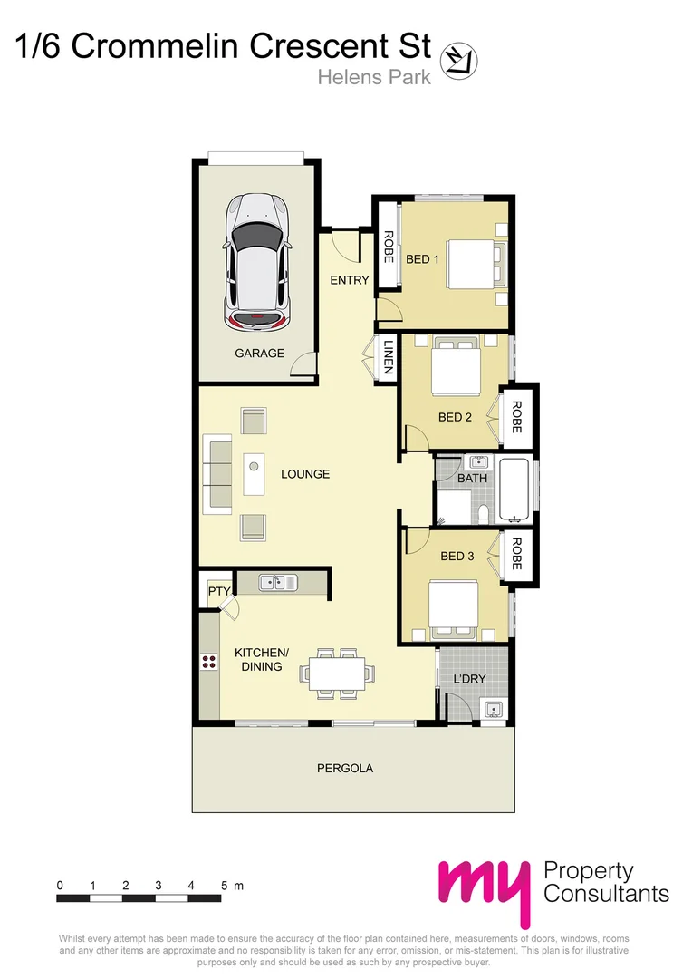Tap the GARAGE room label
[x=259, y=354]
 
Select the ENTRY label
[x=349, y=280]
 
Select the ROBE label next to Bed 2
[x=516, y=417]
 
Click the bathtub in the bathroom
[x=513, y=491]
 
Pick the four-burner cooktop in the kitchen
[x=209, y=662]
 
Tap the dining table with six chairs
[x=338, y=674]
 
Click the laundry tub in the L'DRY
[x=494, y=709]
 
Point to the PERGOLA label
[x=344, y=768]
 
